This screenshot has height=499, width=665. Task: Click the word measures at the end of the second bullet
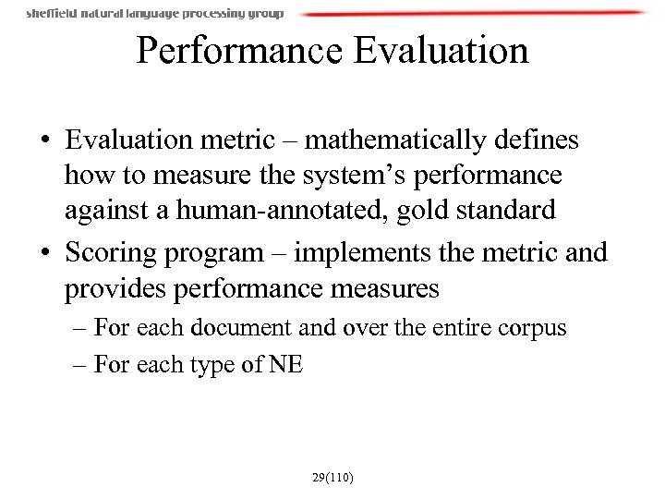pos(382,289)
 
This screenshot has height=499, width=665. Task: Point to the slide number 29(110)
pos(332,478)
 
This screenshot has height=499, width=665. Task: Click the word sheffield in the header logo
pos(52,14)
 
